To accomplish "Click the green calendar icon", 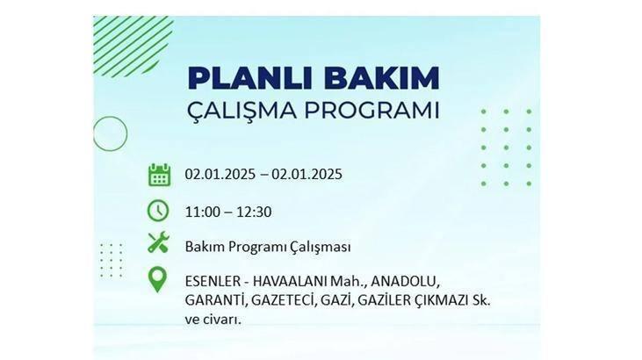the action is pos(159,175).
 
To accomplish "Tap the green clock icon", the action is pos(158,211).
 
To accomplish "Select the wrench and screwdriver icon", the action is pos(158,242).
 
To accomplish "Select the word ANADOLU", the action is pos(405,281).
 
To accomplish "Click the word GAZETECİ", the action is pos(285,300).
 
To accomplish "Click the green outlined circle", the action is pos(93,134).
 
